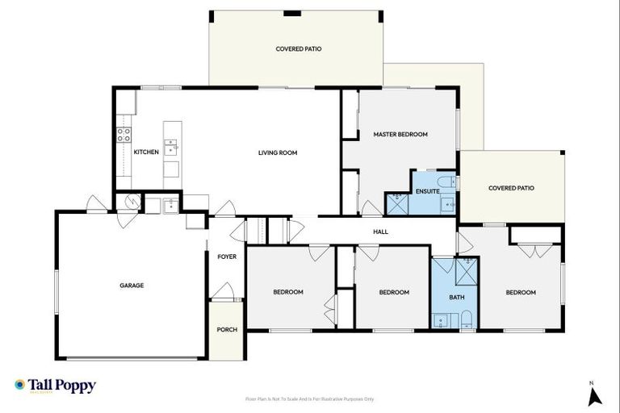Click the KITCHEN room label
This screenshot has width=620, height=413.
click(145, 152)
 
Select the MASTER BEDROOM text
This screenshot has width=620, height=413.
click(400, 134)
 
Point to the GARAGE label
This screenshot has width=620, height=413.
click(132, 286)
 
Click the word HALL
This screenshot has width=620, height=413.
click(380, 232)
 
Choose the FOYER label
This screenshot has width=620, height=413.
click(227, 257)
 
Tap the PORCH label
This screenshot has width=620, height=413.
click(227, 329)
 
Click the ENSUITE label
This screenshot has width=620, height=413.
click(427, 191)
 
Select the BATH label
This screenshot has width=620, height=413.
click(457, 298)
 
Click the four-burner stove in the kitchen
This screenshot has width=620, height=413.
click(124, 135)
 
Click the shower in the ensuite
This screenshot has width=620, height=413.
click(397, 202)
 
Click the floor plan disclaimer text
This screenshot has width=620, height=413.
click(309, 398)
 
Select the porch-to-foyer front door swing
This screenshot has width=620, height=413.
click(224, 291)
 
